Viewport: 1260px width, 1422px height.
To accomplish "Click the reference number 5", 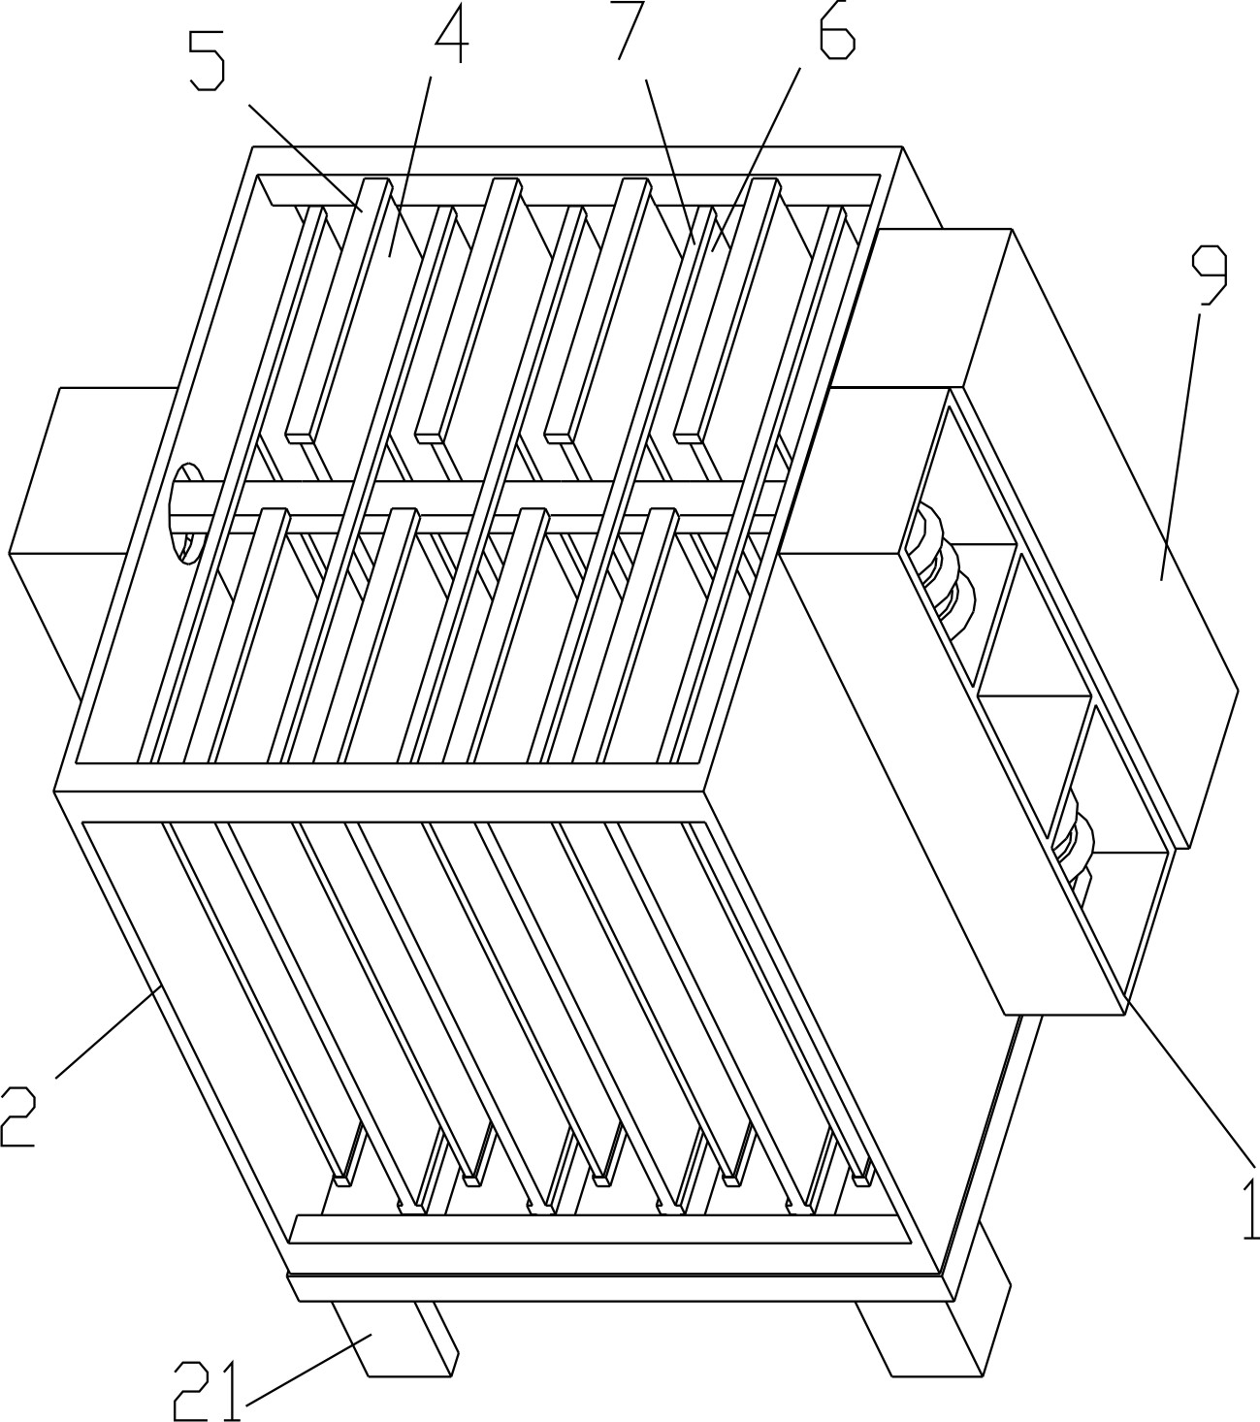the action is coord(207,61).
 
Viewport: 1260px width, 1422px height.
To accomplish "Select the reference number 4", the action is coord(452,32).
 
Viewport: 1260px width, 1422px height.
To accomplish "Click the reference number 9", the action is coord(1210,275).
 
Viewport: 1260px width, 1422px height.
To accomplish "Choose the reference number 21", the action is coord(209,1391).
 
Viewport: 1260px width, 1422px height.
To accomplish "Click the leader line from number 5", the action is coord(305,157).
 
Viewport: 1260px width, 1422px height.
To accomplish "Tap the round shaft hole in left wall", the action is coord(183,512).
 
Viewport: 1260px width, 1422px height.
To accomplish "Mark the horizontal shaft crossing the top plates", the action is coord(484,506).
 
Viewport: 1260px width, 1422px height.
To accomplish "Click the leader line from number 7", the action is coord(670,162).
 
